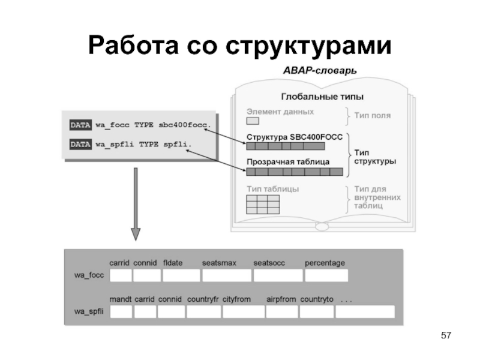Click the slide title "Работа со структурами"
tap(239, 45)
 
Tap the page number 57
tap(445, 334)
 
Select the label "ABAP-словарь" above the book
tap(320, 70)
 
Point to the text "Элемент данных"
tap(280, 112)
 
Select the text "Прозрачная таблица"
tap(287, 162)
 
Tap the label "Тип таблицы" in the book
tap(273, 188)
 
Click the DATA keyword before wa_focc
tap(80, 125)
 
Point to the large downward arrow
tap(136, 204)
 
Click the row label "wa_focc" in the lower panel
tap(89, 275)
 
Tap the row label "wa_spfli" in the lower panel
tap(89, 311)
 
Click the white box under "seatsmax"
tap(226, 275)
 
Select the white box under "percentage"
tap(326, 275)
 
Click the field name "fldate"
tap(173, 263)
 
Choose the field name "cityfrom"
tap(236, 299)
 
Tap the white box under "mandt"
tap(121, 312)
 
